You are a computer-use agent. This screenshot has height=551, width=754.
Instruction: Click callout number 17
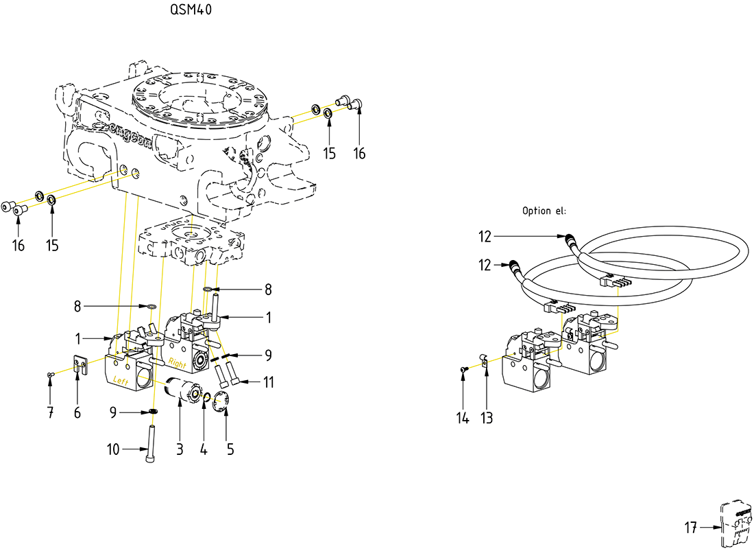click(x=690, y=528)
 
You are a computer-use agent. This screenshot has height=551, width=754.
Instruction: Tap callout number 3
click(x=180, y=449)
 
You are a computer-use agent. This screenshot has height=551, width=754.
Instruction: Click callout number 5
click(x=230, y=449)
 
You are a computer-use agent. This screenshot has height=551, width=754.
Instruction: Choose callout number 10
click(x=113, y=450)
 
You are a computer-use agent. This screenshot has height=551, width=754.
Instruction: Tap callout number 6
click(x=77, y=412)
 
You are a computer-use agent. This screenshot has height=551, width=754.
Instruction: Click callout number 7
click(x=50, y=412)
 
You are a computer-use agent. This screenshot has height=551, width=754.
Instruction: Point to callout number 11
click(x=268, y=382)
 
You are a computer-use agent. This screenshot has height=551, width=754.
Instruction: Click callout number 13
click(x=486, y=417)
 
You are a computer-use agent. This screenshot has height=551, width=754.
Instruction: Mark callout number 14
click(x=463, y=417)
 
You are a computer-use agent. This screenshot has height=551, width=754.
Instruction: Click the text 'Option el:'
click(x=544, y=211)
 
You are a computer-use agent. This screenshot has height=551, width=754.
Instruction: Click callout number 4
click(x=204, y=449)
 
